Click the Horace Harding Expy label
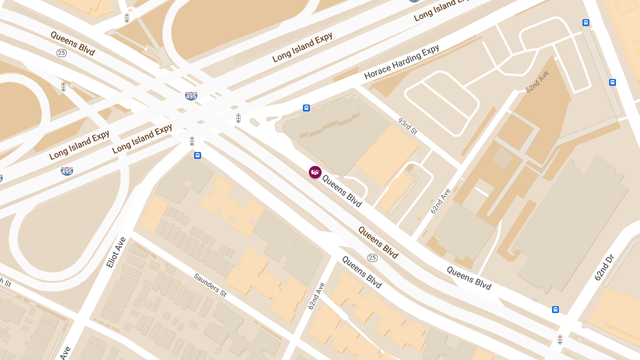(402, 62)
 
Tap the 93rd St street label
(407, 126)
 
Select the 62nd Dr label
(605, 268)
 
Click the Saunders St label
(210, 285)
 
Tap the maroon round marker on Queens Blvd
(315, 172)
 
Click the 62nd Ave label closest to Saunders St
(316, 296)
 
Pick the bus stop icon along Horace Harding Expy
(306, 108)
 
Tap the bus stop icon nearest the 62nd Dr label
(555, 309)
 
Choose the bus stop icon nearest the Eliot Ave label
(197, 155)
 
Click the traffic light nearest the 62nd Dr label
(560, 339)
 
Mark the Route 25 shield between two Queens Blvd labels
(372, 258)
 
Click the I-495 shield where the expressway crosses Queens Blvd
(191, 96)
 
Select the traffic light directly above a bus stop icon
(192, 141)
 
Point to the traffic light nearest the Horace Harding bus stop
(238, 118)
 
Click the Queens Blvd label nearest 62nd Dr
(469, 278)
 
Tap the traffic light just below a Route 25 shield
(63, 87)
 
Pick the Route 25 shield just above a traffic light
(62, 53)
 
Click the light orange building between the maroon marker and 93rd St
(387, 155)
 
